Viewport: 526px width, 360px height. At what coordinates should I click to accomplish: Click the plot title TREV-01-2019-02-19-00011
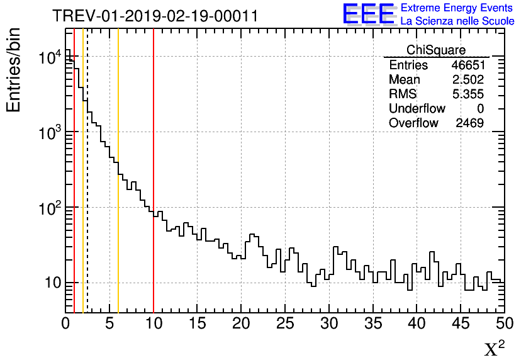(x=155, y=16)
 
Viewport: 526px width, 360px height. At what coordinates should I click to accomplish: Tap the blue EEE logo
(x=369, y=14)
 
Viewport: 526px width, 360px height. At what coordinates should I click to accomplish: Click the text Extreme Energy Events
(x=457, y=8)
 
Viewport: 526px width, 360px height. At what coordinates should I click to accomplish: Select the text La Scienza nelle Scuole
(x=457, y=21)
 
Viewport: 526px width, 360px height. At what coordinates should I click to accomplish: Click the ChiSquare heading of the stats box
(x=436, y=50)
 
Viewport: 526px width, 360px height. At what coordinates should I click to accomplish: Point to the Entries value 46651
(x=467, y=65)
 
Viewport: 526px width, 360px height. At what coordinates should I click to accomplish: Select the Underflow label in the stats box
(x=417, y=109)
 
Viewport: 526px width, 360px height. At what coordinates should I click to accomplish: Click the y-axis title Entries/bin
(x=14, y=70)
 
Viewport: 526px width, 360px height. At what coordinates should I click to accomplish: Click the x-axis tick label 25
(x=285, y=323)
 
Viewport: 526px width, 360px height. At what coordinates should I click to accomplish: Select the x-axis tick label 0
(x=65, y=323)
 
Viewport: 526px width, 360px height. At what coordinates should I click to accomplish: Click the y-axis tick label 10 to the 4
(x=49, y=58)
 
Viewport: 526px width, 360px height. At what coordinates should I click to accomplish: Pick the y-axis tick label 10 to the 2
(x=49, y=208)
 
